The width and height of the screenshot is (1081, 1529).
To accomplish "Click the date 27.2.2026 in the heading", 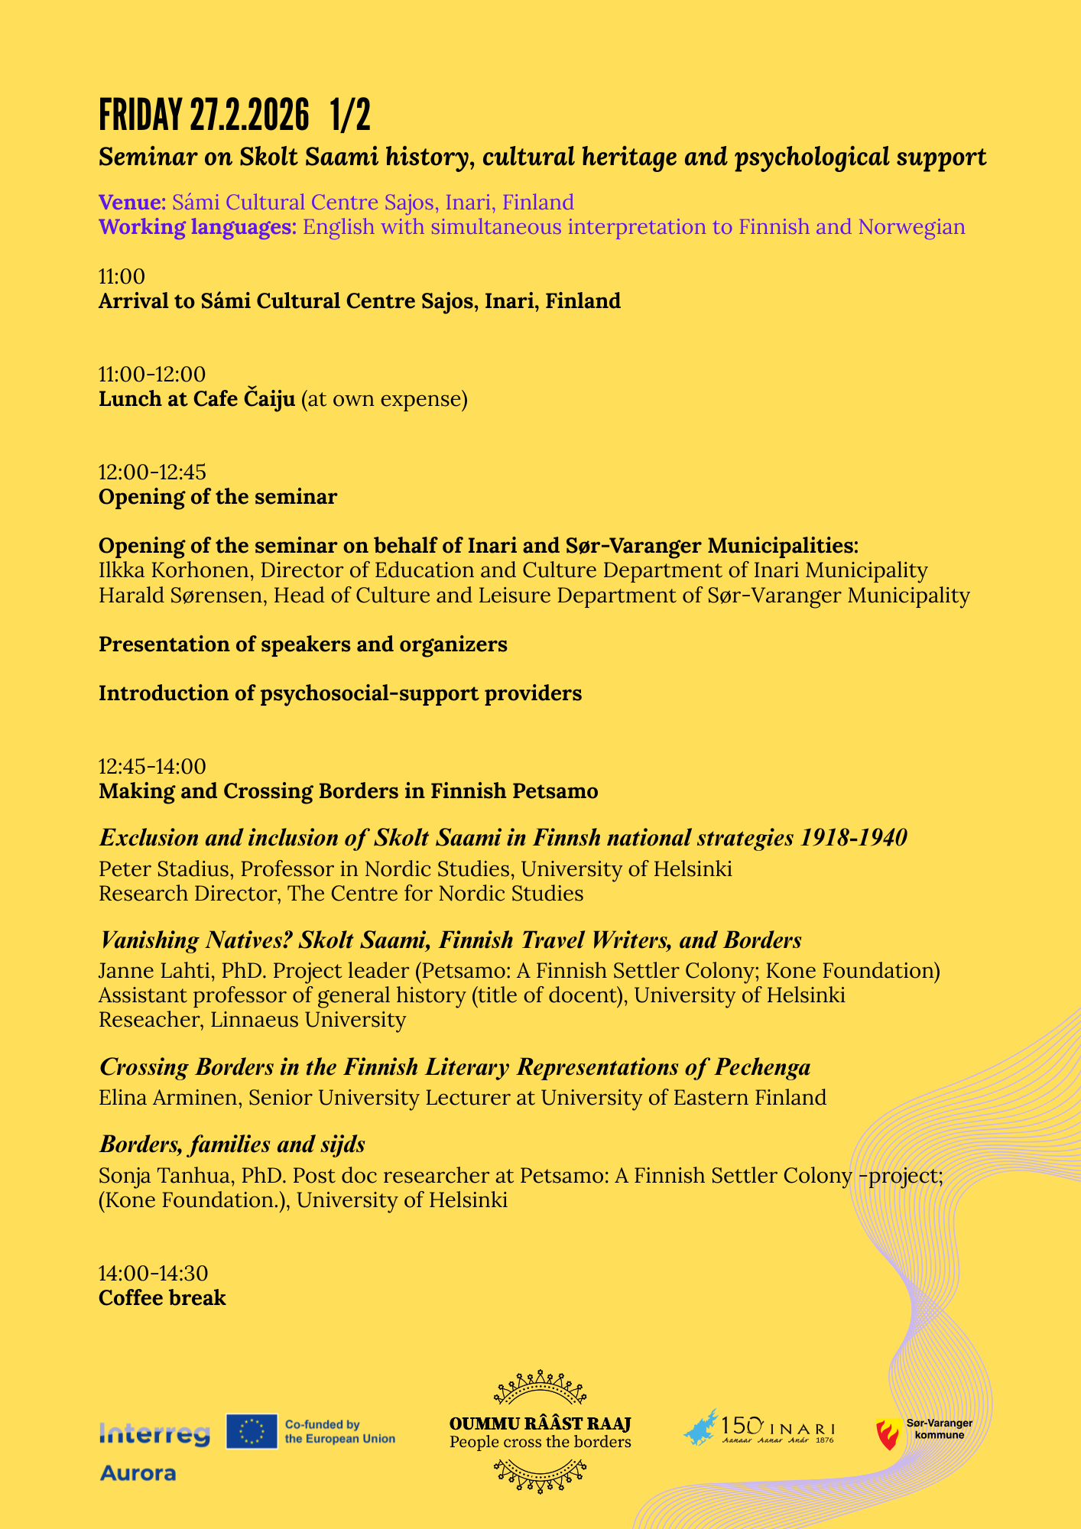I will click(249, 115).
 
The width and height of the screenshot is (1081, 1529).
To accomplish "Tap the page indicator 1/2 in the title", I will click(350, 115).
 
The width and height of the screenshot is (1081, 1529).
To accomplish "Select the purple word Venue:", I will click(132, 203).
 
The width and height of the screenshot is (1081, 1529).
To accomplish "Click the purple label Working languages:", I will click(197, 227).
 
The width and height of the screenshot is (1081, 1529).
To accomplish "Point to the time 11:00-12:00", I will click(152, 375).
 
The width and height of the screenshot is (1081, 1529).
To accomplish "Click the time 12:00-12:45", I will click(152, 472).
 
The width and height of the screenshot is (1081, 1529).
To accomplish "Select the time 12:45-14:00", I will click(152, 766).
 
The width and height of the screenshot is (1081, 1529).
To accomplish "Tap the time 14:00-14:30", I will click(153, 1274).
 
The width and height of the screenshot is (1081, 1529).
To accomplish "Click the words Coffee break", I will click(162, 1298).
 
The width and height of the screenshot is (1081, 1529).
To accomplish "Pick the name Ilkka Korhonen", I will click(175, 570).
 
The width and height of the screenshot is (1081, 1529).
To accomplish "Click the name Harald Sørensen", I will click(180, 596).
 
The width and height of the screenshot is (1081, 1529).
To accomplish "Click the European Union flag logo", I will click(252, 1431).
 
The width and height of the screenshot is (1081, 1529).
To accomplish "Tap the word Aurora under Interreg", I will click(138, 1473).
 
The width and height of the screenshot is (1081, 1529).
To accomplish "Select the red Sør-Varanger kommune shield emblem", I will click(888, 1433).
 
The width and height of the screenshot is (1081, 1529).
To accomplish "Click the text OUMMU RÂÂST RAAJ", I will click(540, 1424).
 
